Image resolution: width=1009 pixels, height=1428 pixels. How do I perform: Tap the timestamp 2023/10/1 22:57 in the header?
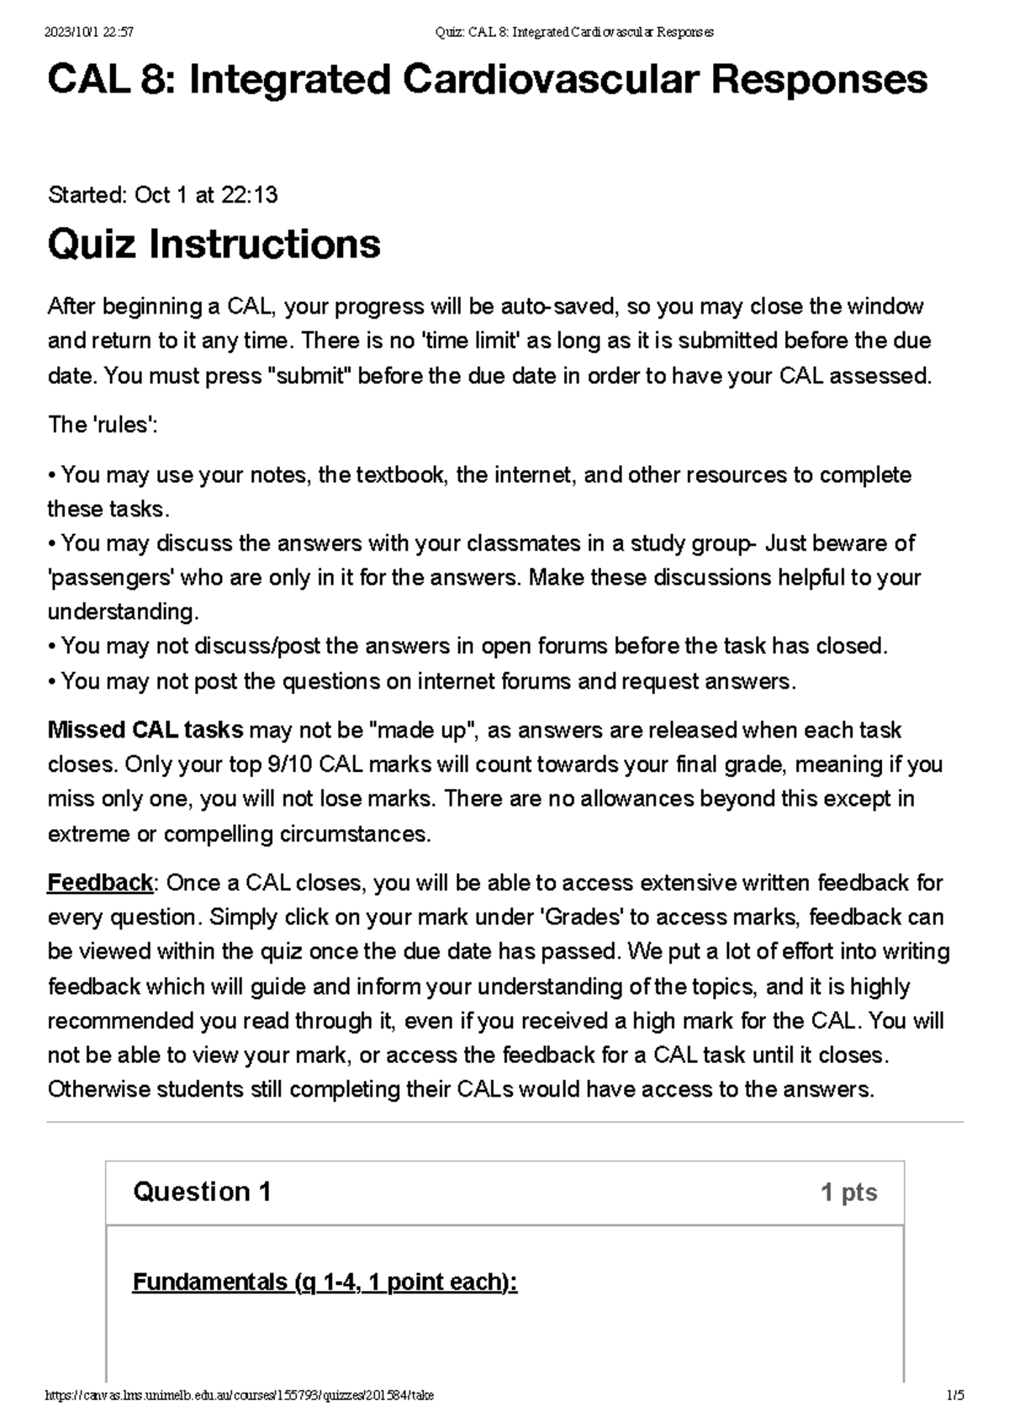88,32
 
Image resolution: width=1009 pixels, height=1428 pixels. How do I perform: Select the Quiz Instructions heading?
214,245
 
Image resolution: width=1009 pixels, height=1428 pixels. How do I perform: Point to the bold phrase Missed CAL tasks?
145,730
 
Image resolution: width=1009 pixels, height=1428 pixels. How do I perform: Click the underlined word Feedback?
100,883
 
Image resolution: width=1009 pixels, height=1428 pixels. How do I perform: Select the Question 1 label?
202,1192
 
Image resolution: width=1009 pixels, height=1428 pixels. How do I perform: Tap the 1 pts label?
848,1193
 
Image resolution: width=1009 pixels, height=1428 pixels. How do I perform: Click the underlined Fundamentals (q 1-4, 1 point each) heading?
325,1283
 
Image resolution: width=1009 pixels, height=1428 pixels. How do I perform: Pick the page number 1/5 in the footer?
954,1395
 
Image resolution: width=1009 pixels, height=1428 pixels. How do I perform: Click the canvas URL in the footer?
240,1395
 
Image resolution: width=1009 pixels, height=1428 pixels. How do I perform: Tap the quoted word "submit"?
309,376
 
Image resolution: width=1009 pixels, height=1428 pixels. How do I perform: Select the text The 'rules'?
103,426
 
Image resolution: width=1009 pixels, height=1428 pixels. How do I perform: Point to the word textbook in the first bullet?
401,475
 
